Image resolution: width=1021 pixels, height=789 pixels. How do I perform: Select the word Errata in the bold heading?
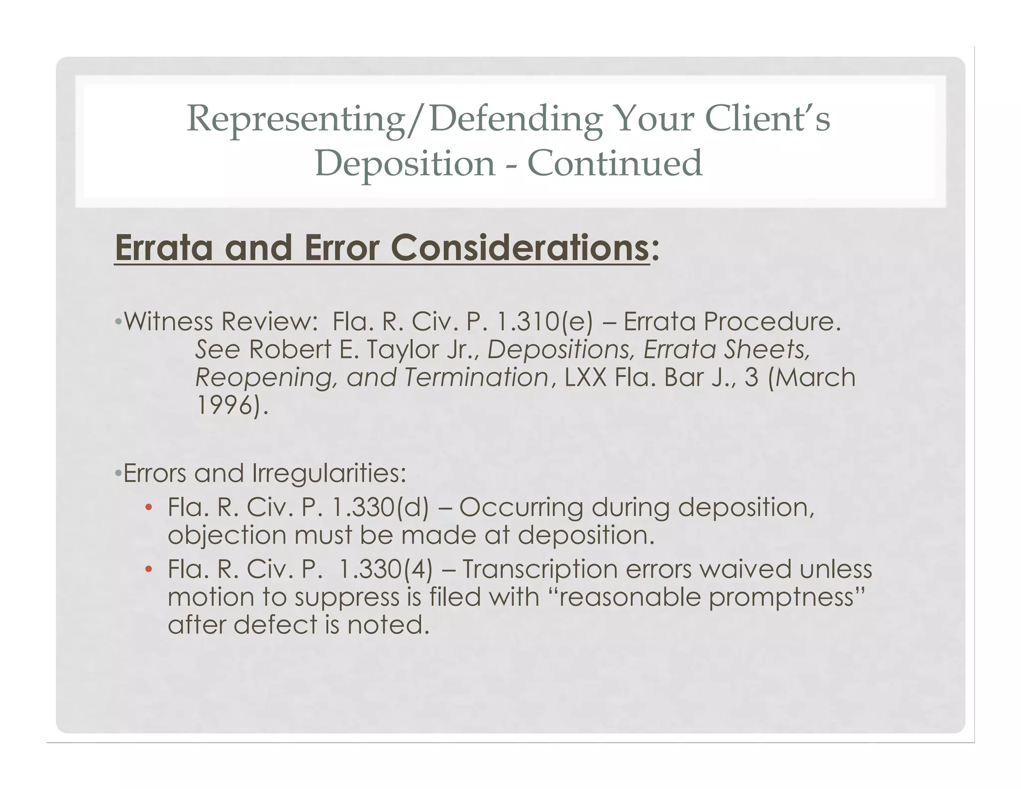tap(164, 248)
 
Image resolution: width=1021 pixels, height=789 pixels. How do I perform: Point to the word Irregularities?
tap(330, 473)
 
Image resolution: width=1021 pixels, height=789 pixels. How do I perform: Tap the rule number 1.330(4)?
tap(386, 570)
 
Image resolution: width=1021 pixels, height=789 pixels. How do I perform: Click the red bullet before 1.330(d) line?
tap(148, 508)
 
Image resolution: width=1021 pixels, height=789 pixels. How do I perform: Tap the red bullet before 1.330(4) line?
tap(148, 570)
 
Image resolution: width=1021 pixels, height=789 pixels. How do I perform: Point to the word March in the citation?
tap(817, 378)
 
